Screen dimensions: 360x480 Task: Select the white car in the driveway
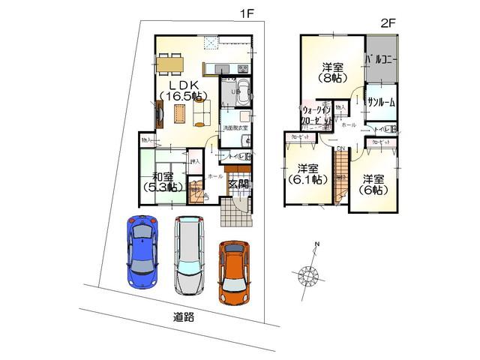click(187, 255)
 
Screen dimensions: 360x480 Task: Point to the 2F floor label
click(387, 22)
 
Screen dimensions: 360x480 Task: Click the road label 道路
click(184, 316)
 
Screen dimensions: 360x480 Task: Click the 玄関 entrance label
click(239, 184)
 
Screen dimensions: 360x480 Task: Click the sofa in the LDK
click(201, 113)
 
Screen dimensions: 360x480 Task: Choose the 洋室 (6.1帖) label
click(304, 174)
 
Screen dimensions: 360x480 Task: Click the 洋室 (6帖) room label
click(372, 184)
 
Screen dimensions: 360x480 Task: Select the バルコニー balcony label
click(382, 58)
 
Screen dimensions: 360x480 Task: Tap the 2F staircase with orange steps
click(341, 187)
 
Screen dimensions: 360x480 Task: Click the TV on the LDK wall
click(159, 115)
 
